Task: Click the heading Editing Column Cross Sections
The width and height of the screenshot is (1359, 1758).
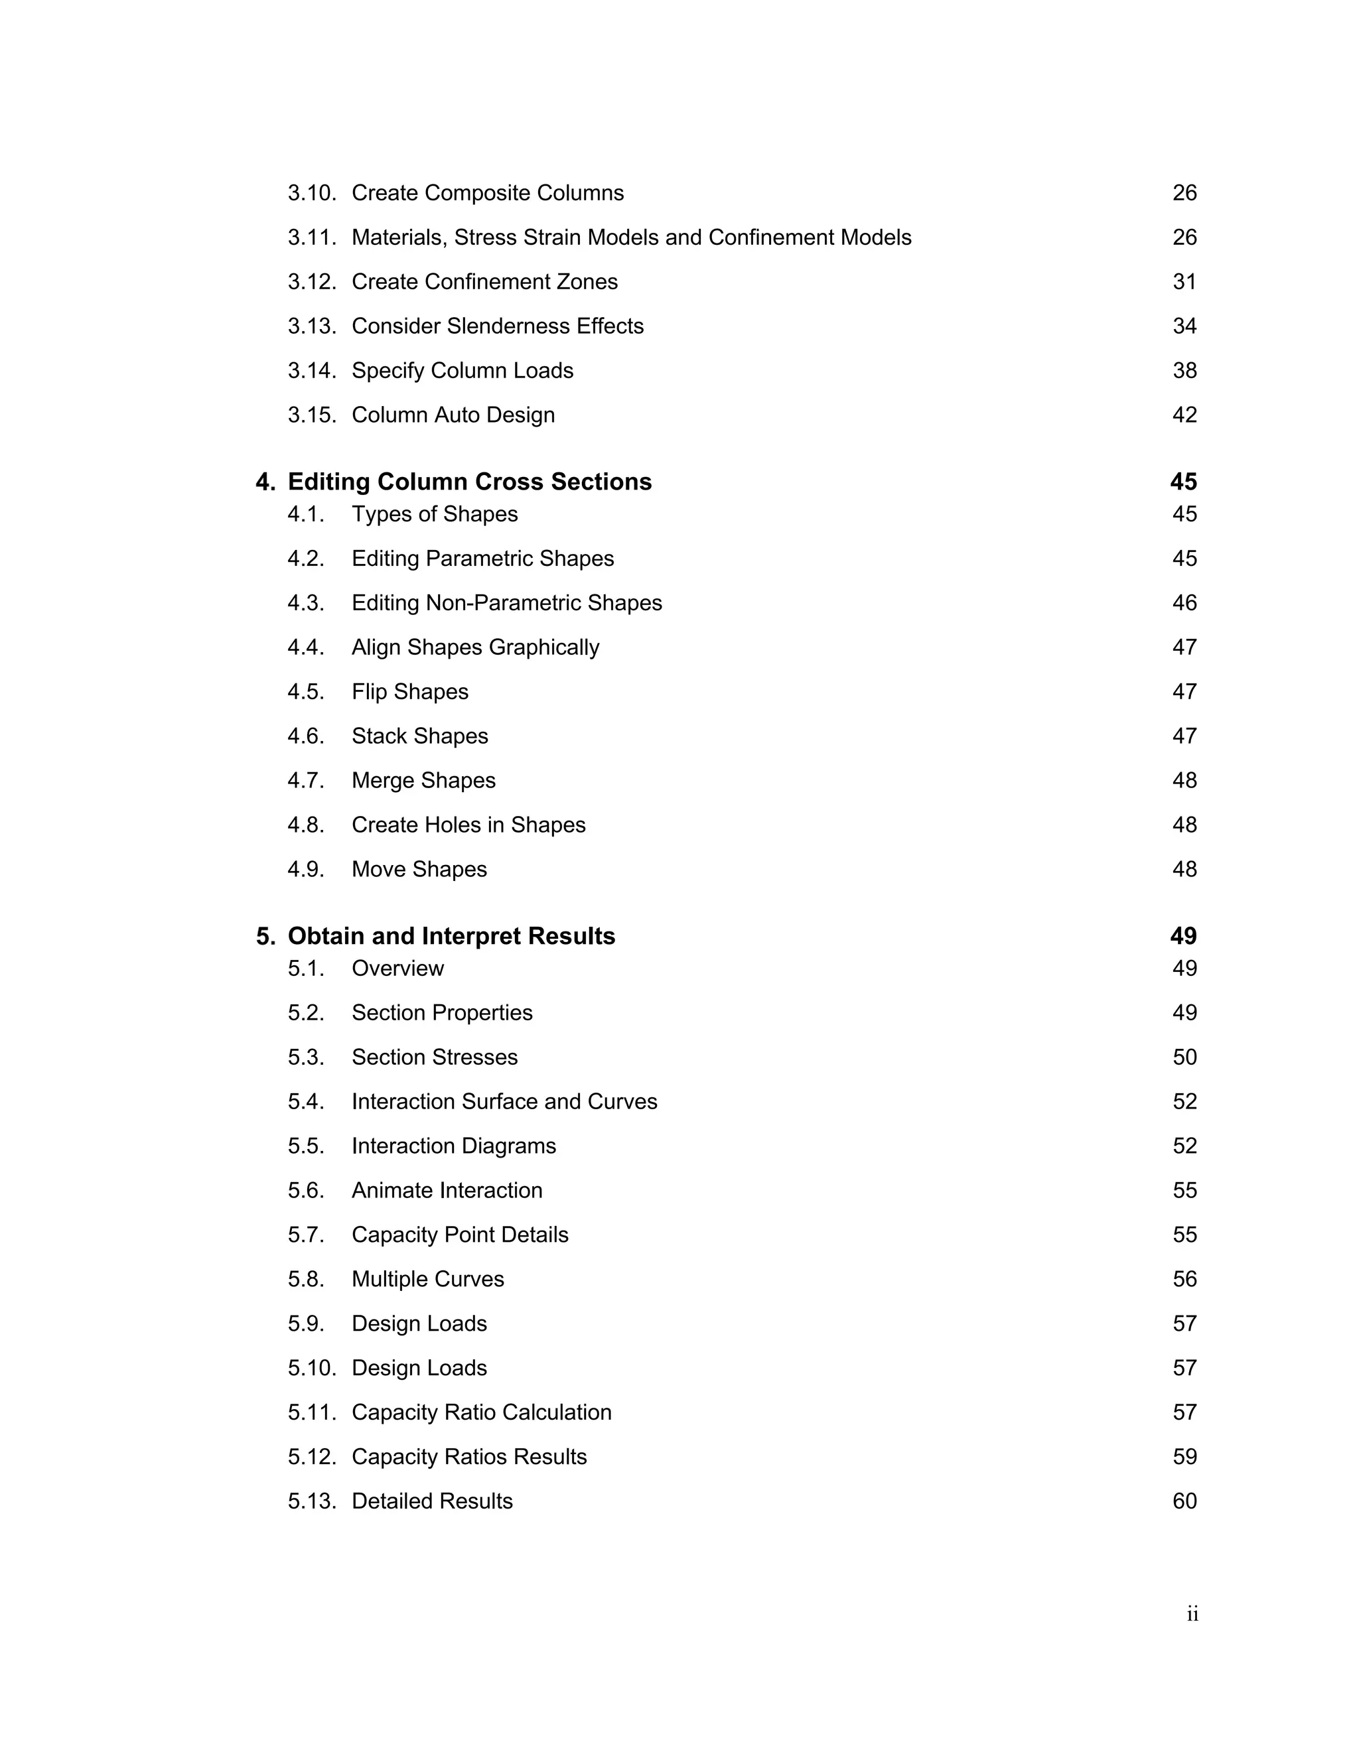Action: [469, 482]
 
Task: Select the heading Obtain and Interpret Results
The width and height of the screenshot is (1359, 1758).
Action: [451, 936]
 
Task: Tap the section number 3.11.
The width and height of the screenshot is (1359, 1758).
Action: [312, 237]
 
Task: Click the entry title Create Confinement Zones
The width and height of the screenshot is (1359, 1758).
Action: [484, 282]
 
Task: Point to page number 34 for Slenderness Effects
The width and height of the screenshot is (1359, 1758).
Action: [1184, 326]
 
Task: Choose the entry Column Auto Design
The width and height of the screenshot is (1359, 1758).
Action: [453, 415]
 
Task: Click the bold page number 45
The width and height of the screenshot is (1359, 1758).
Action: [1182, 482]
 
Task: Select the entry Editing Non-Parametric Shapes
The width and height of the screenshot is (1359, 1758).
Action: [506, 603]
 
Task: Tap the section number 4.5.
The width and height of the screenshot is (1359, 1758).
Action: [306, 692]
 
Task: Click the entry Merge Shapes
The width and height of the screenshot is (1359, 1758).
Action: [423, 781]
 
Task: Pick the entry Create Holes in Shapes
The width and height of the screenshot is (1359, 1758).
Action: [468, 825]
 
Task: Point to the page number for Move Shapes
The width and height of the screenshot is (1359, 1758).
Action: [1184, 869]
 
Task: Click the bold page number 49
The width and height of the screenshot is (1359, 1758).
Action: [1182, 936]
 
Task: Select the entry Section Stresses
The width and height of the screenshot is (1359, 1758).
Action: [434, 1057]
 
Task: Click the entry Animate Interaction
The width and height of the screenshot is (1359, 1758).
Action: [447, 1191]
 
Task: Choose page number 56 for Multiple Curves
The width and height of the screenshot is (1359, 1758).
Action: [1184, 1279]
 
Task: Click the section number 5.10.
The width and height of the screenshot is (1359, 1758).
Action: [312, 1368]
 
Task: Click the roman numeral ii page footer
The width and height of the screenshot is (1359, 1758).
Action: [1192, 1614]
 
